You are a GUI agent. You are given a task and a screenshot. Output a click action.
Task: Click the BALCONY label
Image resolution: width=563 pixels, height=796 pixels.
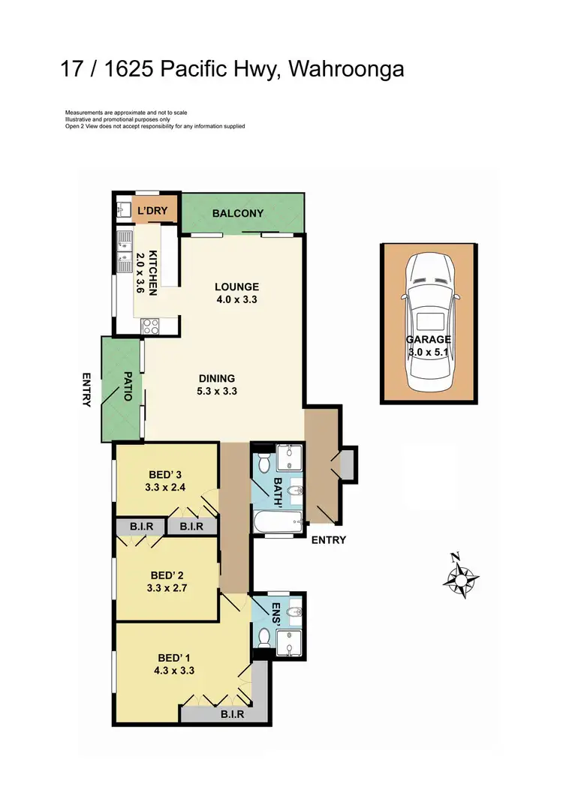click(x=238, y=213)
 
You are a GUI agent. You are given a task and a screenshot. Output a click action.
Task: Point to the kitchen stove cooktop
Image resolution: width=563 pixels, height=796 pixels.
click(x=149, y=326)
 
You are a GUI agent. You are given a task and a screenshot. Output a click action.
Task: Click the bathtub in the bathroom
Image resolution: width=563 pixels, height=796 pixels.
click(x=276, y=521)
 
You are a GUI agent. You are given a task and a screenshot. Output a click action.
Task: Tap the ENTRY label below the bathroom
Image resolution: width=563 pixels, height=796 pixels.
click(x=327, y=539)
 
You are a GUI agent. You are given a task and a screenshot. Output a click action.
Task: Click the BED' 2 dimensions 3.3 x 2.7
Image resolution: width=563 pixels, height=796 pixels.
click(x=167, y=588)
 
